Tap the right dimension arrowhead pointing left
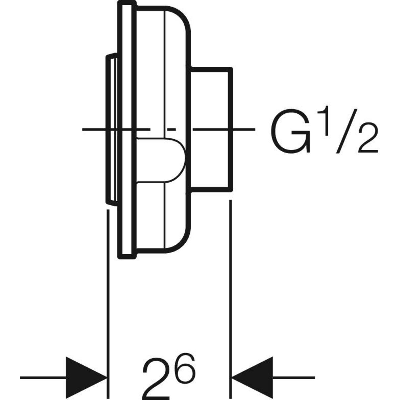click(x=252, y=378)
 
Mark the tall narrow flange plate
click(x=127, y=130)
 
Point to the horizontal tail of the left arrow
click(x=43, y=378)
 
